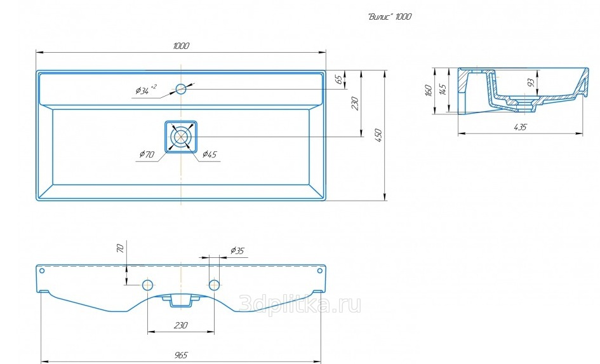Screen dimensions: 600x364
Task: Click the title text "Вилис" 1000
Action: point(390,17)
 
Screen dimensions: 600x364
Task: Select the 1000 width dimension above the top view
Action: point(181,46)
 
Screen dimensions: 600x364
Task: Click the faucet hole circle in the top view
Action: point(180,89)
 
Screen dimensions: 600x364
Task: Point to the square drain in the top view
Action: point(181,137)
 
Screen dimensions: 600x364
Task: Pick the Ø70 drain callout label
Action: point(147,154)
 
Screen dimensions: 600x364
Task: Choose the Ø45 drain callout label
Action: point(210,154)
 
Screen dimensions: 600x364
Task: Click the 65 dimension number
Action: point(338,79)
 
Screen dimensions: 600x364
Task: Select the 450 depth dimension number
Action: point(379,135)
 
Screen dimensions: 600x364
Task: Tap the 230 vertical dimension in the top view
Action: point(355,104)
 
